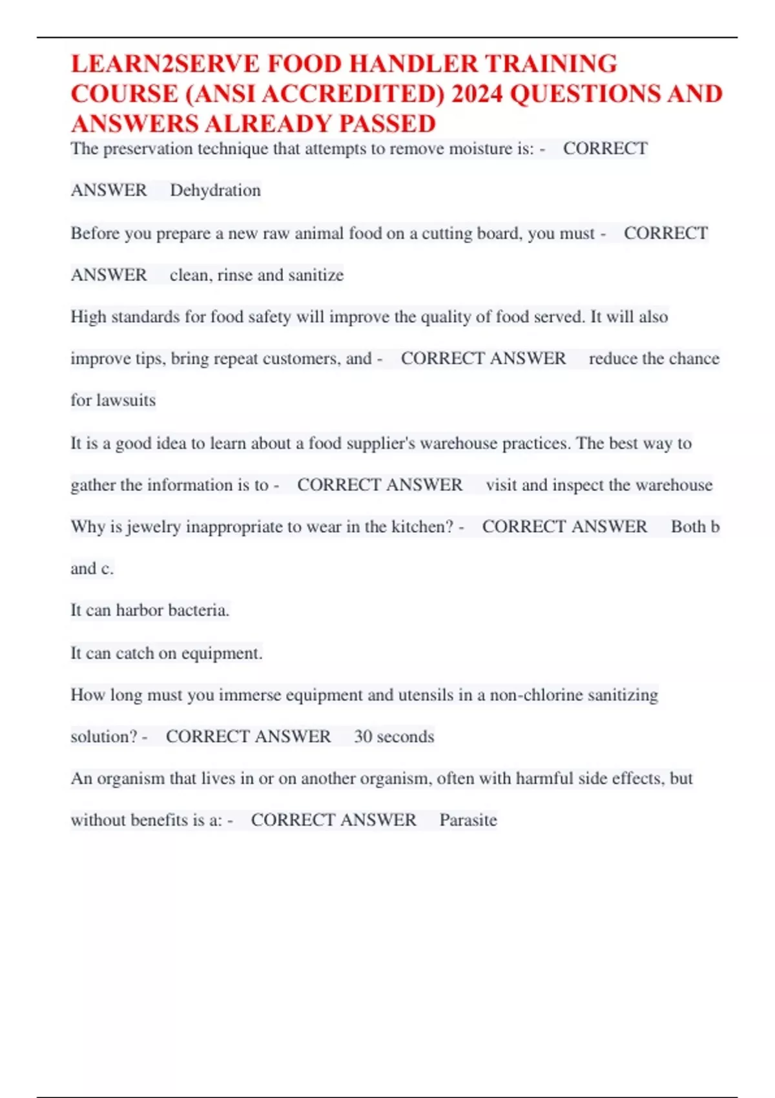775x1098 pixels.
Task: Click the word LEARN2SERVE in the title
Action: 165,64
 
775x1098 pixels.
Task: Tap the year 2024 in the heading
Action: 477,94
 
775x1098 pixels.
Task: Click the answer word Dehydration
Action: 215,191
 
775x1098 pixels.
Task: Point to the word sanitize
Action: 316,275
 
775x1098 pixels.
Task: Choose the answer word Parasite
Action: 468,820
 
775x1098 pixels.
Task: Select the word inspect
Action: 577,485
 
